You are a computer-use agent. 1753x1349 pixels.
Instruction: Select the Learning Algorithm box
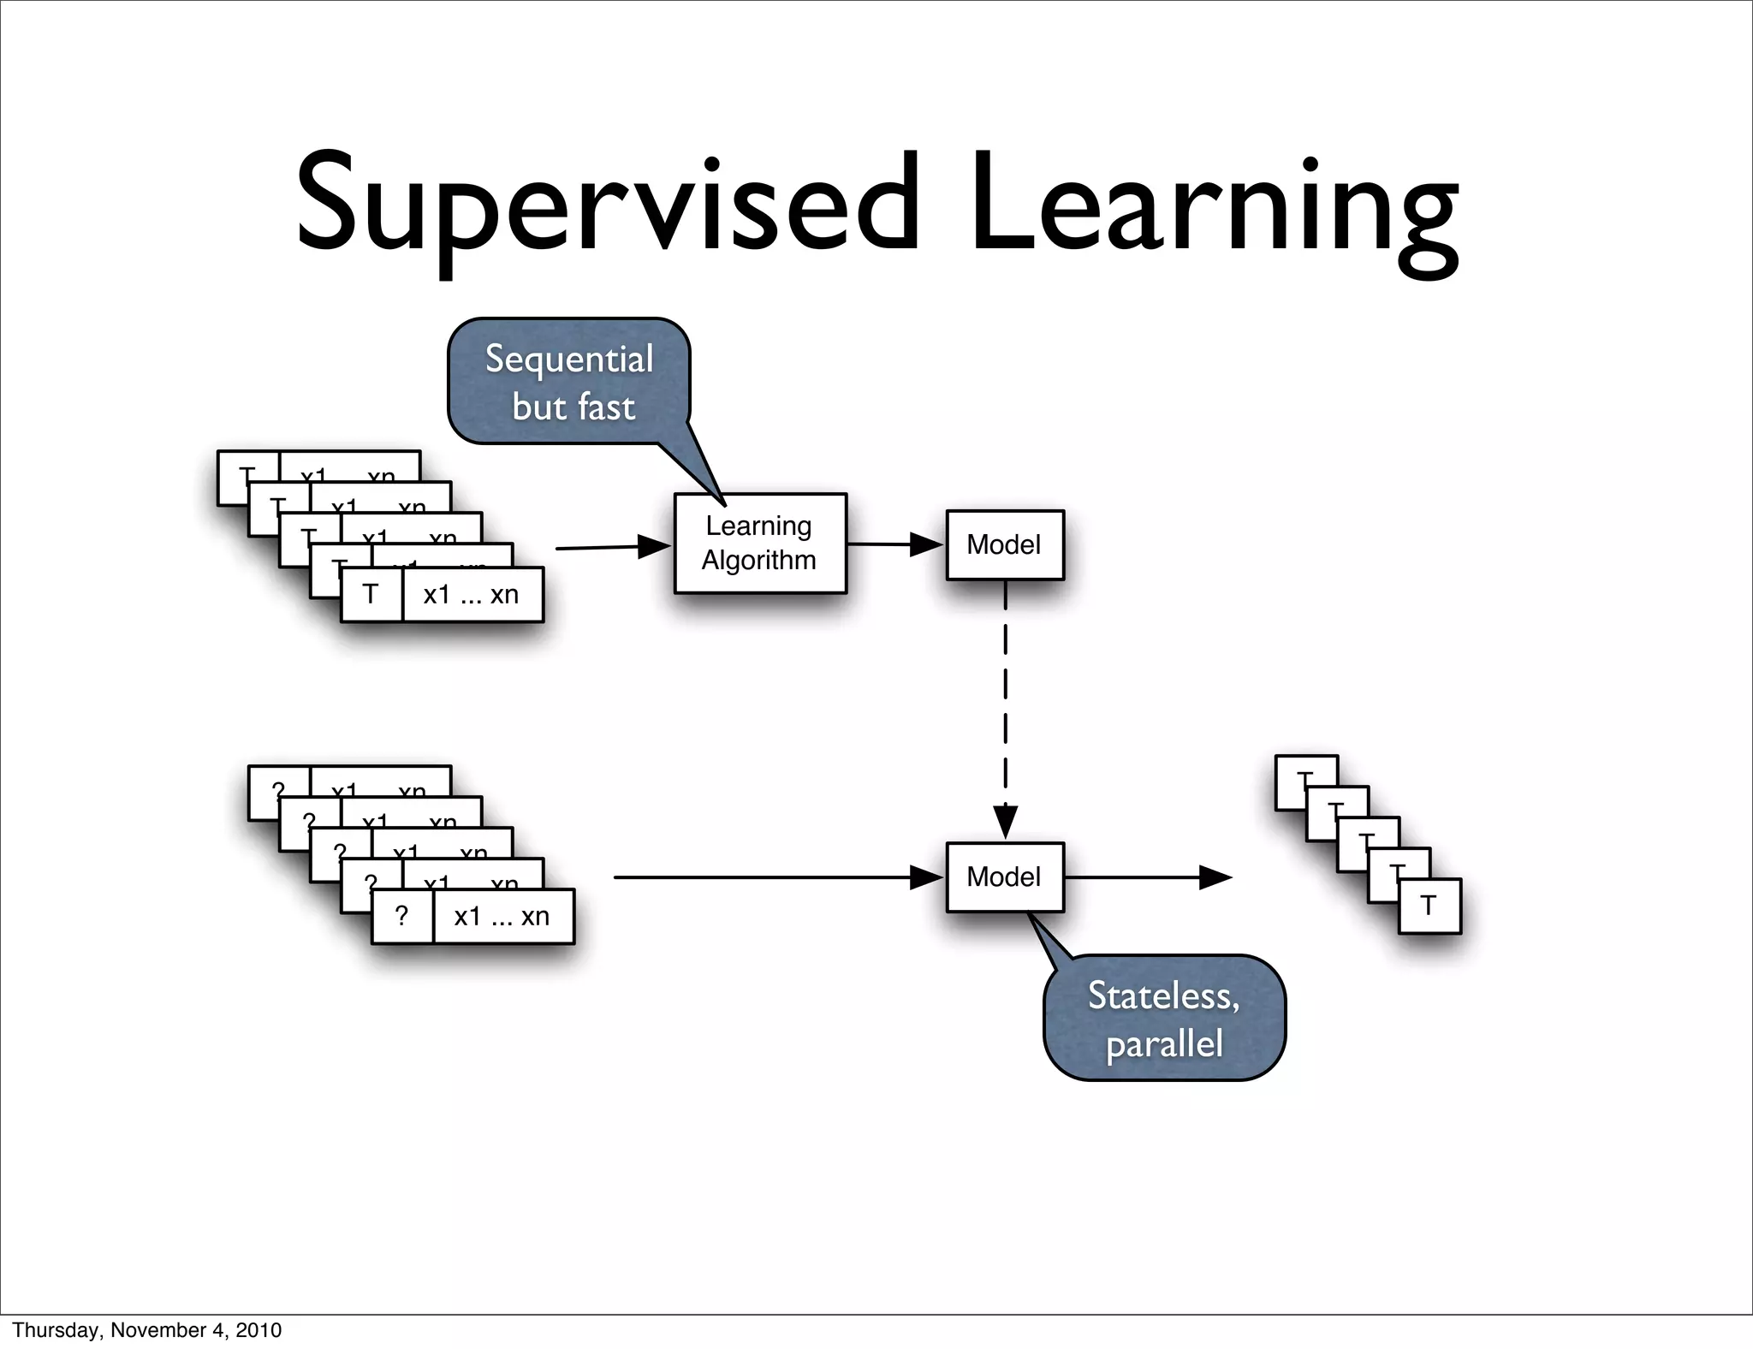[x=759, y=543]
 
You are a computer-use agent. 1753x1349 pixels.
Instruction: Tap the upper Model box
[x=1004, y=544]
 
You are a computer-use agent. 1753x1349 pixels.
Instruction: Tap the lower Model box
[x=1004, y=877]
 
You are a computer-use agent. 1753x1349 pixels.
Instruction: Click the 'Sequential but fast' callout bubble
[x=568, y=382]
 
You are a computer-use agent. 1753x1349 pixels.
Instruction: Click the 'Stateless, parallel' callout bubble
[x=1164, y=1019]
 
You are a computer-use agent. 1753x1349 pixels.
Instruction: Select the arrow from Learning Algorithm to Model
[x=894, y=544]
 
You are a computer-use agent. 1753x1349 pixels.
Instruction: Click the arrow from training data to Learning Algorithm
[x=612, y=547]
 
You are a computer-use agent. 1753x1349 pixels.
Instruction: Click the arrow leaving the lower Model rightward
[x=1147, y=877]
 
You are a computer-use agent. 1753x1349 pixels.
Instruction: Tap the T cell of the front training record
[x=371, y=594]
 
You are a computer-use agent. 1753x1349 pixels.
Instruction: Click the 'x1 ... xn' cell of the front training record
[x=472, y=594]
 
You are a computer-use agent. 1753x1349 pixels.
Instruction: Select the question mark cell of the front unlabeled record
[x=401, y=916]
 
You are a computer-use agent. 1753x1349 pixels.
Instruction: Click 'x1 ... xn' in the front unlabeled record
[x=502, y=916]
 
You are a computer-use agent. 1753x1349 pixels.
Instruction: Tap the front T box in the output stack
[x=1429, y=906]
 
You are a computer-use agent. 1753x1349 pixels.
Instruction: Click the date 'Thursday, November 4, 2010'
[x=146, y=1330]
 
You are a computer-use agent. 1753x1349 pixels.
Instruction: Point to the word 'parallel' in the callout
[x=1164, y=1044]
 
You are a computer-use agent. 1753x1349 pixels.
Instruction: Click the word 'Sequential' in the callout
[x=569, y=359]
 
